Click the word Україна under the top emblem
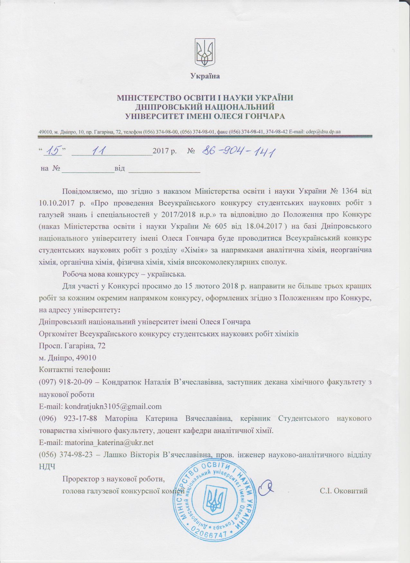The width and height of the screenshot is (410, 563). pyautogui.click(x=205, y=76)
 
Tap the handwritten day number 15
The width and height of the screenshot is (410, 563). pyautogui.click(x=53, y=151)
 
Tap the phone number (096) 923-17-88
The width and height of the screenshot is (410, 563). pyautogui.click(x=66, y=419)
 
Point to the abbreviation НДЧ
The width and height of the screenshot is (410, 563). pyautogui.click(x=47, y=467)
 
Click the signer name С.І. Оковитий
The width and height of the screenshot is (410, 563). pyautogui.click(x=343, y=491)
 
